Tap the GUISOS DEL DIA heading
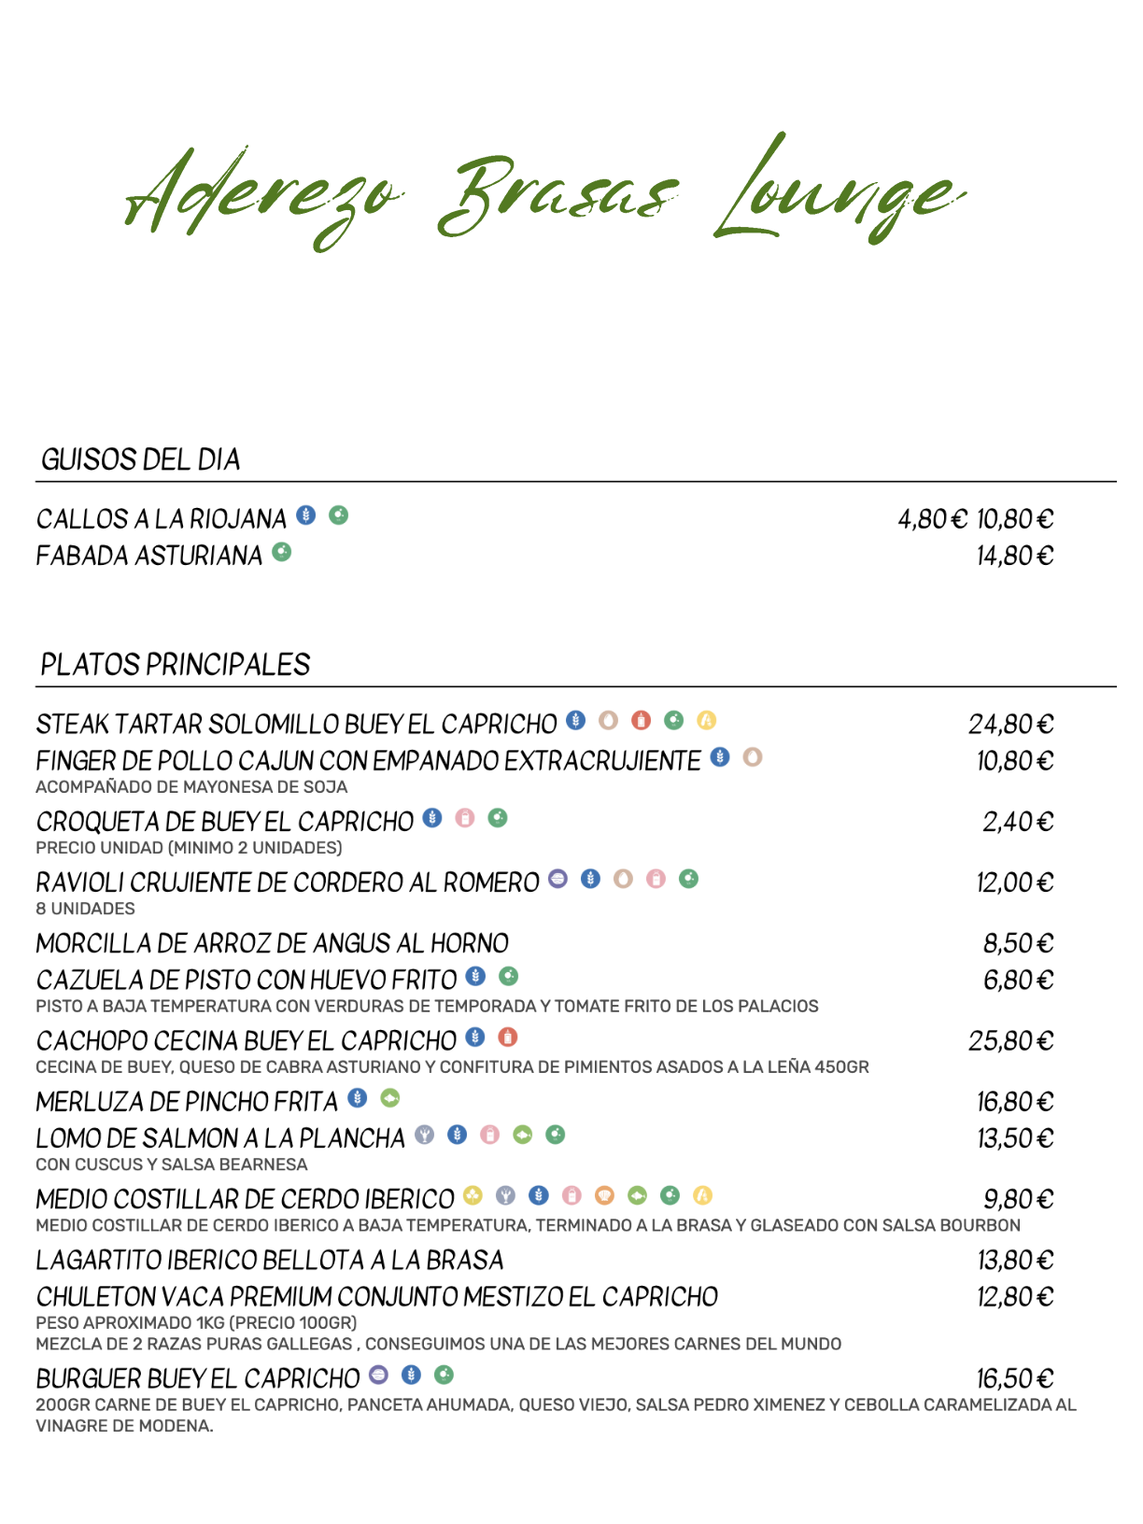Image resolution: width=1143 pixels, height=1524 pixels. (x=141, y=459)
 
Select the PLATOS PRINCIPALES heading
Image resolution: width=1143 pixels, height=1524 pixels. (x=176, y=665)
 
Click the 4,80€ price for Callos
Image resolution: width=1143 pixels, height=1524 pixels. (x=932, y=519)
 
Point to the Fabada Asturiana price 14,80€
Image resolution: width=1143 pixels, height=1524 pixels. (x=1014, y=557)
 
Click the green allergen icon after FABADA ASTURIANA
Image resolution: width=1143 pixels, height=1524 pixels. (x=282, y=553)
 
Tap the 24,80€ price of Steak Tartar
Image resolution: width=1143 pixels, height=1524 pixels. (x=1010, y=725)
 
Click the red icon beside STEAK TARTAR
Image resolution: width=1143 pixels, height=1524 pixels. (x=641, y=720)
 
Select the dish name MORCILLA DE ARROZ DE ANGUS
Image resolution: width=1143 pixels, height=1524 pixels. (x=272, y=943)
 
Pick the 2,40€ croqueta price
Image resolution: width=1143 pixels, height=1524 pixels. (x=1017, y=822)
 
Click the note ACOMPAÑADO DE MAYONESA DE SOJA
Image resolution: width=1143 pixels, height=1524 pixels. (x=191, y=787)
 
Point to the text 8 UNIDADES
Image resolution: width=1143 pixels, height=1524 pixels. (x=85, y=909)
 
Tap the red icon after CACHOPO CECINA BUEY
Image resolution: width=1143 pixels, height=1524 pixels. (x=508, y=1037)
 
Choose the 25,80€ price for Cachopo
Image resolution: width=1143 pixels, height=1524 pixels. (x=1010, y=1041)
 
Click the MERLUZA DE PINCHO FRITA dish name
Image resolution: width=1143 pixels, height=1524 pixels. (x=187, y=1102)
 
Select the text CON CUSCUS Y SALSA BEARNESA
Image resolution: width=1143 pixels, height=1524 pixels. (x=172, y=1164)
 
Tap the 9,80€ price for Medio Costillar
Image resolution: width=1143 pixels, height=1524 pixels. (x=1018, y=1199)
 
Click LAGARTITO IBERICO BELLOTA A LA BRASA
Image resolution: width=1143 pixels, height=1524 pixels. (x=269, y=1261)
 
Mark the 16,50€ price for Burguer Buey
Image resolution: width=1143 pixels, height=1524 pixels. (x=1014, y=1379)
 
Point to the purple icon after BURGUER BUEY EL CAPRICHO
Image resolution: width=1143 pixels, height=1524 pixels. (x=378, y=1375)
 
